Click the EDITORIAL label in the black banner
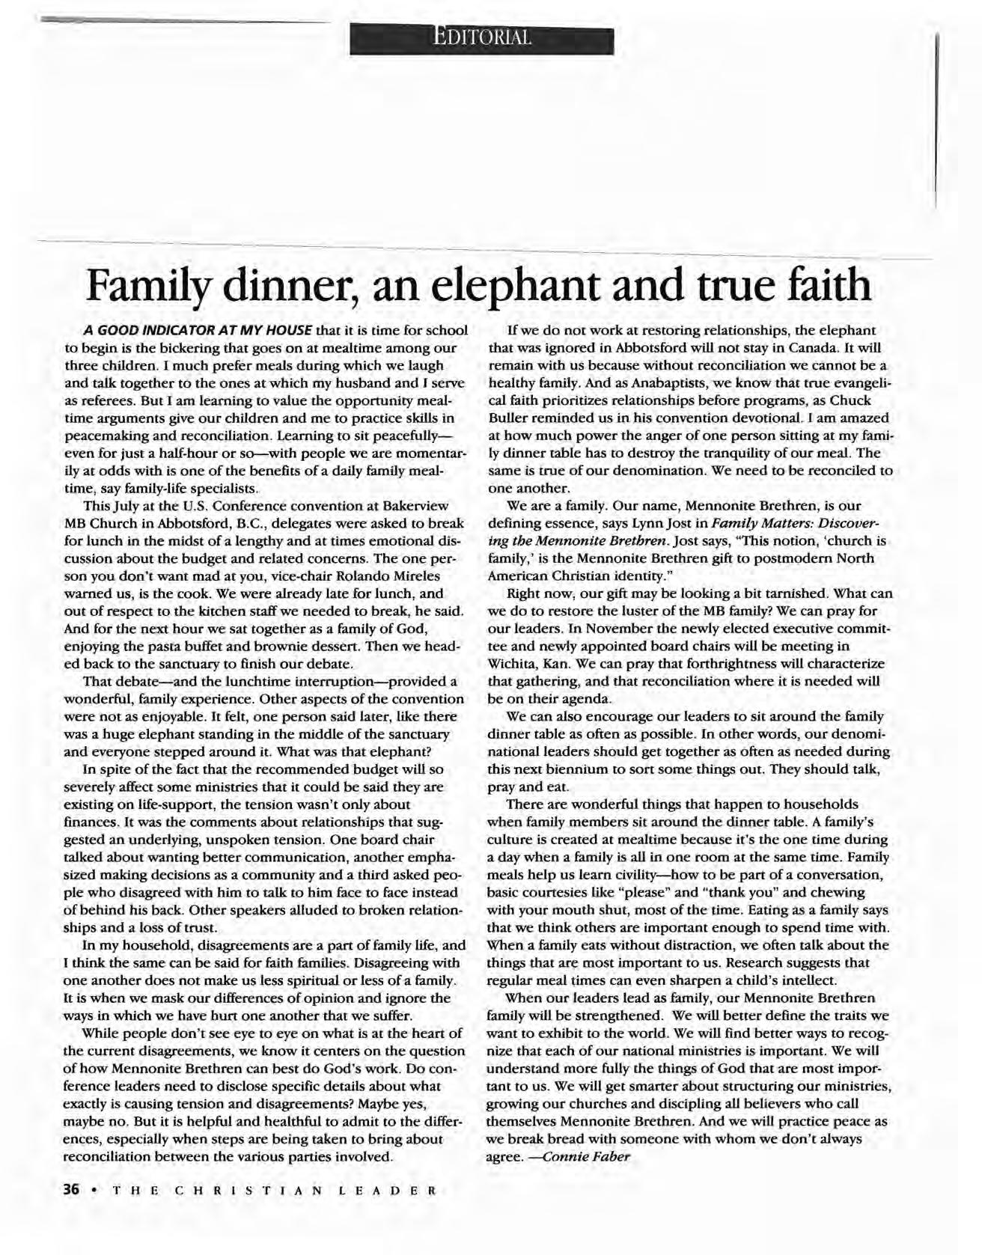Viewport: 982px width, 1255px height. tap(482, 37)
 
